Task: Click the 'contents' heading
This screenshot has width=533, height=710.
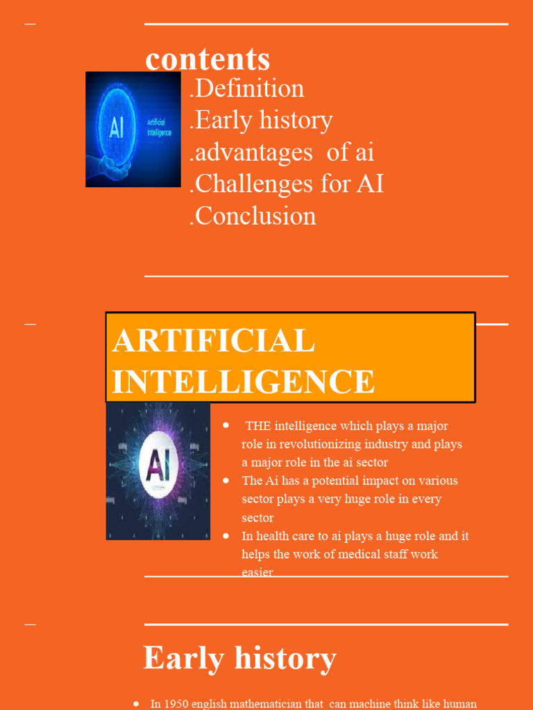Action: coord(208,59)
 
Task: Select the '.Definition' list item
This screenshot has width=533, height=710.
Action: coord(247,89)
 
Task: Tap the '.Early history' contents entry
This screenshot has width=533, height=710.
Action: coord(261,121)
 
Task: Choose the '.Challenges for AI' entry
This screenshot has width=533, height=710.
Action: coord(287,184)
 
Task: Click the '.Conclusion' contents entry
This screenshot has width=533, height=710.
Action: coord(253,216)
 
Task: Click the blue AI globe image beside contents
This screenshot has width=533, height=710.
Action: coord(133,129)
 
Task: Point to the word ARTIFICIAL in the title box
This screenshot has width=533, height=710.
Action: coord(214,341)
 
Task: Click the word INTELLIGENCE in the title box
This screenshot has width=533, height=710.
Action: coord(244,382)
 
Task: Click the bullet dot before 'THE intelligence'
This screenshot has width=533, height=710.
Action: coord(226,424)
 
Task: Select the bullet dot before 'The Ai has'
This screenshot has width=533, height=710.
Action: coord(226,480)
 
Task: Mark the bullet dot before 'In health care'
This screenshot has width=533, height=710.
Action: coord(226,535)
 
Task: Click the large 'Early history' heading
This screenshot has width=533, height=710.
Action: coord(239,657)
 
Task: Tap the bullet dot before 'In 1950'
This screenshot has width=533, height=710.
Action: coord(136,703)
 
